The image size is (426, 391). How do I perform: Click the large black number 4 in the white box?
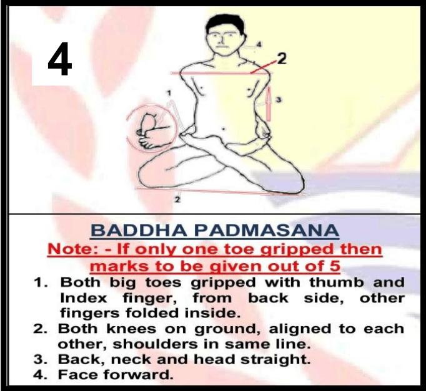tap(60, 59)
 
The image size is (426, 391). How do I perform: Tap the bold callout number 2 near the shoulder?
tap(282, 59)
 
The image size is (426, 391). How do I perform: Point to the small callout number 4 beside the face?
tap(259, 44)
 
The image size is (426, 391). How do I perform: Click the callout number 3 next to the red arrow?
tap(279, 100)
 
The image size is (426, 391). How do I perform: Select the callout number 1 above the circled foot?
tap(169, 94)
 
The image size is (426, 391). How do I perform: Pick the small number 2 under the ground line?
tap(177, 200)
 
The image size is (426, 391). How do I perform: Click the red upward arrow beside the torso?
tap(269, 104)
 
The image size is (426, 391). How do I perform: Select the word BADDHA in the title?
tap(138, 231)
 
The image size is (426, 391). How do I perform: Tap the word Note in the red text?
tap(71, 249)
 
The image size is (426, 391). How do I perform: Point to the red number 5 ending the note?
tap(335, 266)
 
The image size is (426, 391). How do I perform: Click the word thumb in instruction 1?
tap(336, 282)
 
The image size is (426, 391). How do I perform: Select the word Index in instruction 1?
tap(84, 298)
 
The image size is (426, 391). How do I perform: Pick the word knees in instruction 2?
tap(131, 329)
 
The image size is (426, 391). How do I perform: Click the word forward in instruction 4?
tap(138, 375)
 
